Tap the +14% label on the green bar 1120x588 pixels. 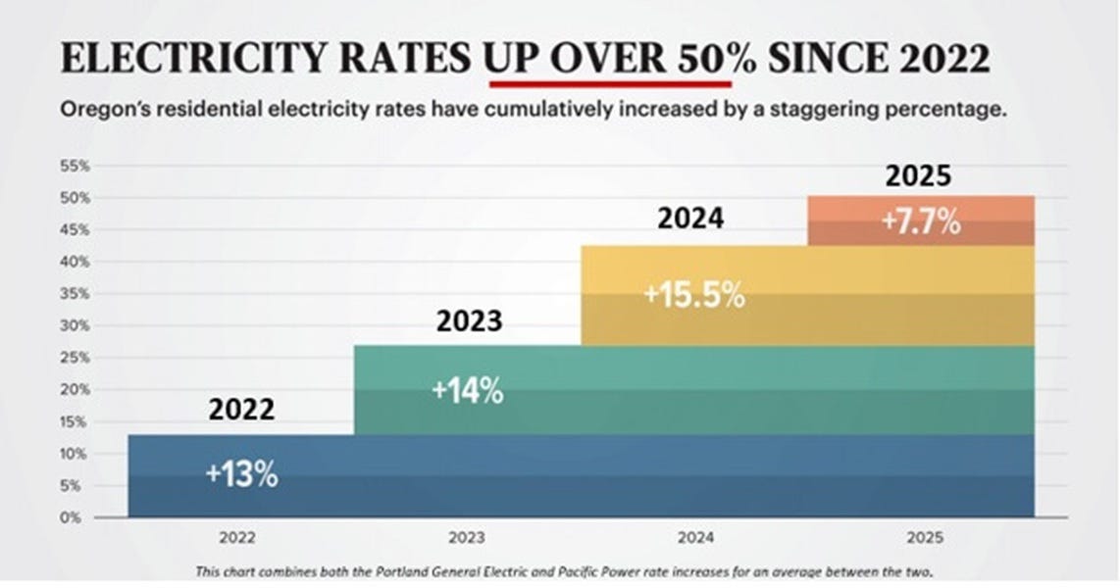[x=468, y=391]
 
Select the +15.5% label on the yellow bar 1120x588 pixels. [x=694, y=295]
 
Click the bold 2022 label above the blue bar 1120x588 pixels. [x=241, y=409]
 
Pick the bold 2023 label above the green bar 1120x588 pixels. [x=470, y=321]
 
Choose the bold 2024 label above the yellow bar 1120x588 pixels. [x=690, y=218]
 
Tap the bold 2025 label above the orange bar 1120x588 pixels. [x=918, y=175]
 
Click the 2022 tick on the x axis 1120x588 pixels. [x=241, y=537]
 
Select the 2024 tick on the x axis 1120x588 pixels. [x=694, y=537]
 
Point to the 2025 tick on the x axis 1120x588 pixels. [x=920, y=537]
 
